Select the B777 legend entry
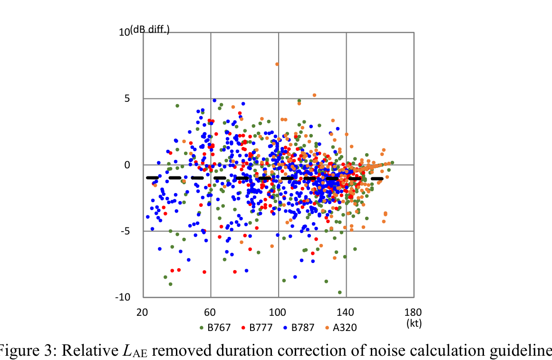[257, 328]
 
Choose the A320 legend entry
[341, 328]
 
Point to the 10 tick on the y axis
[124, 32]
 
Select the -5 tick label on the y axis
[126, 231]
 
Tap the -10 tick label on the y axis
[123, 297]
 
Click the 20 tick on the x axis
[142, 312]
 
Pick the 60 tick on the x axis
[210, 312]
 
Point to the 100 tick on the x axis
[278, 312]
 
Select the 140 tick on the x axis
[346, 312]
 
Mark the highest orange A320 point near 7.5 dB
[277, 64]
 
